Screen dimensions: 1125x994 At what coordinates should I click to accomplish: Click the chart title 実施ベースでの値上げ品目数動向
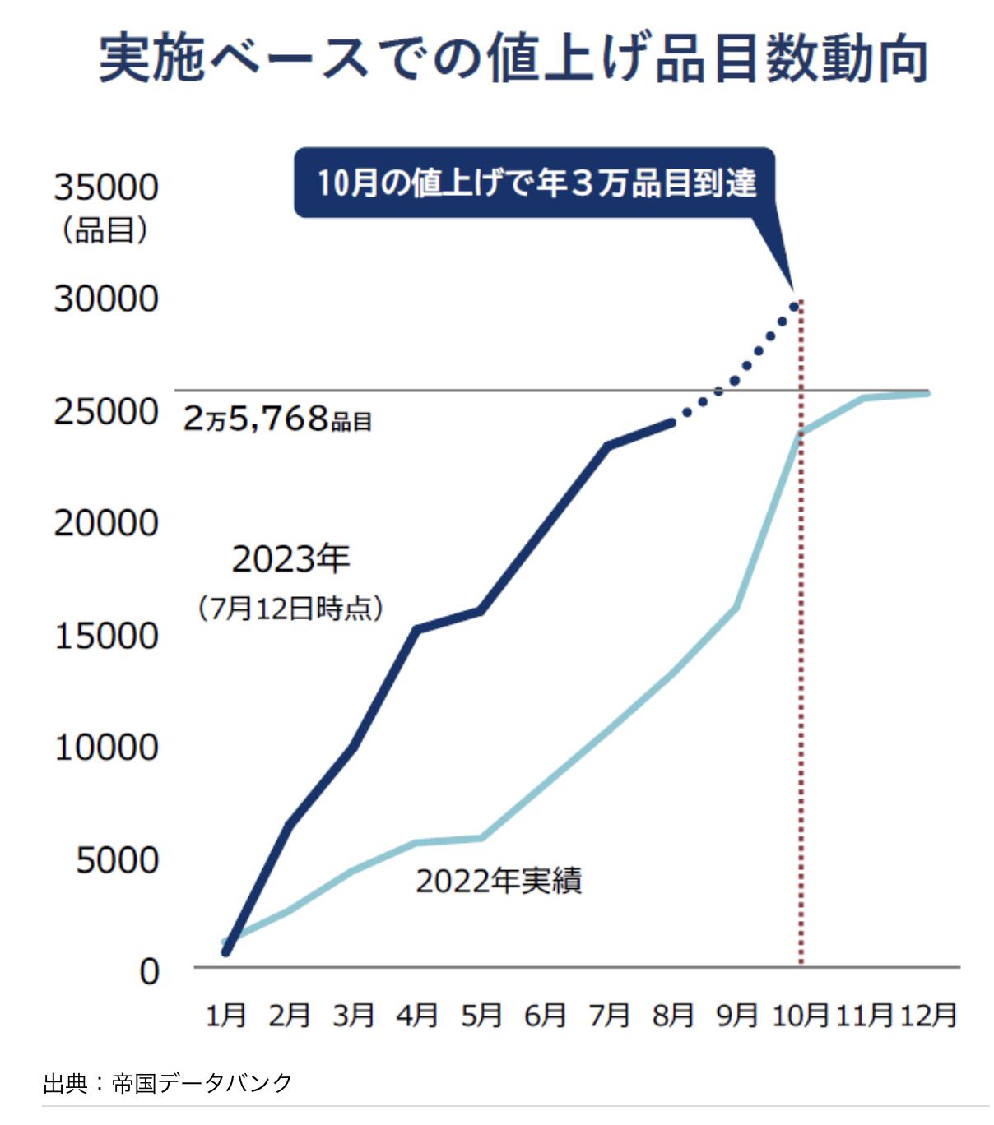click(513, 59)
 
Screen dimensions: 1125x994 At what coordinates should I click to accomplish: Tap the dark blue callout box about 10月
click(535, 183)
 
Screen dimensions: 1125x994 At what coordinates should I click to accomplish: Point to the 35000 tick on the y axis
click(106, 187)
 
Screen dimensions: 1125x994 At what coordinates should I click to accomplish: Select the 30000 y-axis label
click(106, 299)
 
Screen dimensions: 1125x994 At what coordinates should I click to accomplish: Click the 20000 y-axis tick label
click(106, 523)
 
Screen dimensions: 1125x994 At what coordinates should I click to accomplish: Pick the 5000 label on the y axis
click(117, 860)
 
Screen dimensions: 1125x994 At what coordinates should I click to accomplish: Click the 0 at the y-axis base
click(149, 972)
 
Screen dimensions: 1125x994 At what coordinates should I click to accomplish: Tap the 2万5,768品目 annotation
click(277, 419)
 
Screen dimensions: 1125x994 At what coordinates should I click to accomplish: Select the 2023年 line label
click(290, 560)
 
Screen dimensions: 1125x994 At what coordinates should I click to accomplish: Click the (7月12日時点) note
click(290, 609)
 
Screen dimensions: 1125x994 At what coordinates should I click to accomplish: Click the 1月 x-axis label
click(225, 1016)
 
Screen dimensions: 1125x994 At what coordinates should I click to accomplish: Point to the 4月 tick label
click(417, 1016)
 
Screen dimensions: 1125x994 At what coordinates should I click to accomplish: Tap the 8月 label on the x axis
click(673, 1016)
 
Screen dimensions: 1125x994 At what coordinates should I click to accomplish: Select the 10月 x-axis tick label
click(800, 1016)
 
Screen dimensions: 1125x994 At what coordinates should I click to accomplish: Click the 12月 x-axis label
click(928, 1016)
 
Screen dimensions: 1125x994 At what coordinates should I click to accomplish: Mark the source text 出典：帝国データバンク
click(168, 1083)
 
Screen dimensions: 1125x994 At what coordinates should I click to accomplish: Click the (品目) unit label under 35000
click(105, 230)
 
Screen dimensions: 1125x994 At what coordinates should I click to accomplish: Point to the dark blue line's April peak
click(417, 630)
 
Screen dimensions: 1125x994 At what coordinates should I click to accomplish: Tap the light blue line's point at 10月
click(800, 433)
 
